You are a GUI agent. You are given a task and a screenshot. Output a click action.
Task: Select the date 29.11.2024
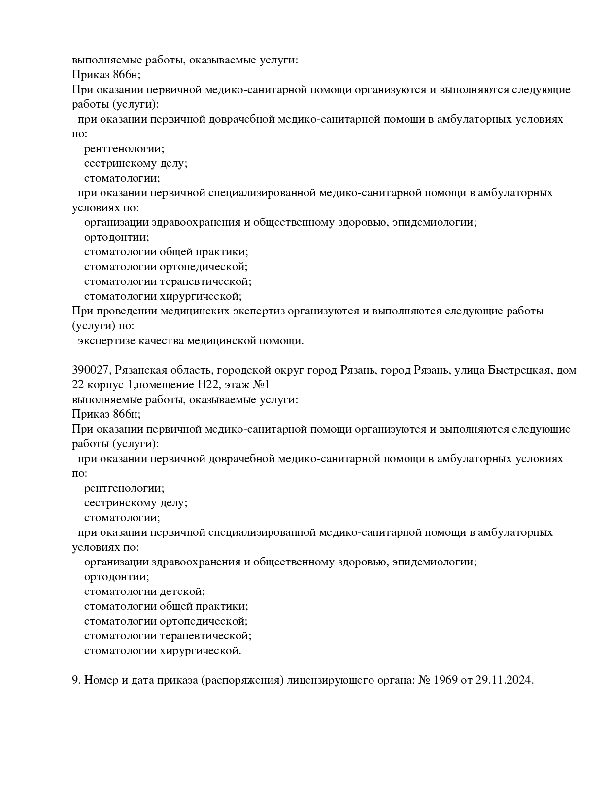(x=505, y=680)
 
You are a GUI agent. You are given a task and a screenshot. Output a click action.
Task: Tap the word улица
(x=469, y=370)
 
